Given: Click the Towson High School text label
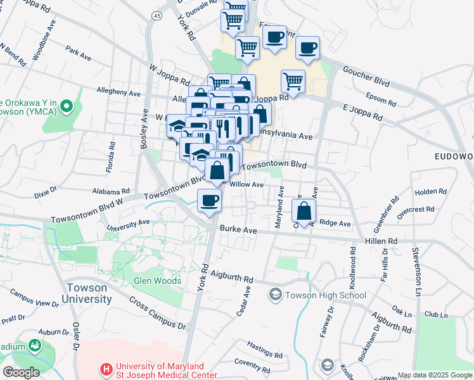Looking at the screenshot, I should click(x=326, y=295).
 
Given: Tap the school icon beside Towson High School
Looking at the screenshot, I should click(x=276, y=294).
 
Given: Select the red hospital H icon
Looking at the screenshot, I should click(x=106, y=367).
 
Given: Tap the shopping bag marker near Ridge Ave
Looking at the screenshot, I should click(x=304, y=211).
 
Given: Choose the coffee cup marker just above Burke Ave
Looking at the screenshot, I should click(x=210, y=201).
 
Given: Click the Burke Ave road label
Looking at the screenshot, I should click(x=238, y=231).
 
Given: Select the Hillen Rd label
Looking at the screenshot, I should click(x=381, y=241).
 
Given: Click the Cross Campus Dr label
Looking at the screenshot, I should click(x=158, y=313).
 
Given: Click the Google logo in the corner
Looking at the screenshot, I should click(x=21, y=372).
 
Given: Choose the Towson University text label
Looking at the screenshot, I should click(x=87, y=292).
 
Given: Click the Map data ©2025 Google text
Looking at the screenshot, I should click(x=434, y=375).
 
